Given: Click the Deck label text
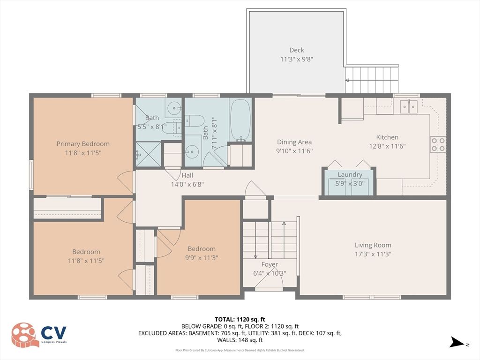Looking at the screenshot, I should [x=296, y=50].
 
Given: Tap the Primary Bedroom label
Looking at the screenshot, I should [x=83, y=144].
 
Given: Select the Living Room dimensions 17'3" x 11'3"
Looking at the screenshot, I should [x=373, y=254].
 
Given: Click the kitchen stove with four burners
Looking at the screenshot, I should [x=438, y=144].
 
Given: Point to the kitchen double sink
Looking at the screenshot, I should [x=408, y=107].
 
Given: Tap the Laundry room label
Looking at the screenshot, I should [x=350, y=174].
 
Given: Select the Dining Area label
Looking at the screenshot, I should [x=294, y=142].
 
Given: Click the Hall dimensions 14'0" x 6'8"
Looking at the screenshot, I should [x=187, y=184].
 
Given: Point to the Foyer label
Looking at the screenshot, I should [x=270, y=264].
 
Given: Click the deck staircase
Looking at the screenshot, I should [x=372, y=80].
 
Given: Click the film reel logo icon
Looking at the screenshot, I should [x=25, y=335].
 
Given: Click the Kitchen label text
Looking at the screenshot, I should [x=387, y=137].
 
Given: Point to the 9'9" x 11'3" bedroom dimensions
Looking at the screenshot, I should [x=202, y=257].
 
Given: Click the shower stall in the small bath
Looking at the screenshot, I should [x=148, y=154].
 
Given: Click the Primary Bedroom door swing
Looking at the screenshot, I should [x=125, y=182].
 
